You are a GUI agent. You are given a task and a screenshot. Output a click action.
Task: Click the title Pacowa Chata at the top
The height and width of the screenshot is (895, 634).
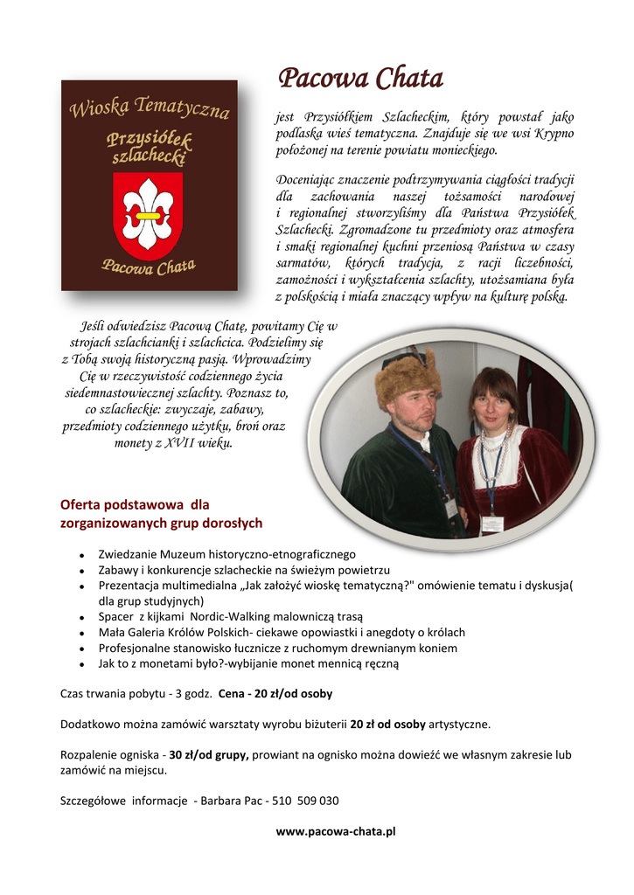(x=360, y=80)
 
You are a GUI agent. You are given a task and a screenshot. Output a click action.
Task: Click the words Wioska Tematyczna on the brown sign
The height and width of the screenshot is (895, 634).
(x=149, y=109)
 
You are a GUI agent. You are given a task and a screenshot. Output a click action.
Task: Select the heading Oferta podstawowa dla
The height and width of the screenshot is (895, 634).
(x=135, y=504)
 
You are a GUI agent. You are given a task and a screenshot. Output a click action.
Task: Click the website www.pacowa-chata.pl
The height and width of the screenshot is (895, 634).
(x=336, y=831)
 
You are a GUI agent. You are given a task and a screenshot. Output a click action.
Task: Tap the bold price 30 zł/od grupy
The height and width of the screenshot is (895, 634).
(x=209, y=754)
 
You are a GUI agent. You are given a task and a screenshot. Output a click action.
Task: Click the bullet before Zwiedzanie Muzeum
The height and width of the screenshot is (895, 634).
(x=80, y=555)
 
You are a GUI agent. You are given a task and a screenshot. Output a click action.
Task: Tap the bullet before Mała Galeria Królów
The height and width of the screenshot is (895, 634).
(x=80, y=633)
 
